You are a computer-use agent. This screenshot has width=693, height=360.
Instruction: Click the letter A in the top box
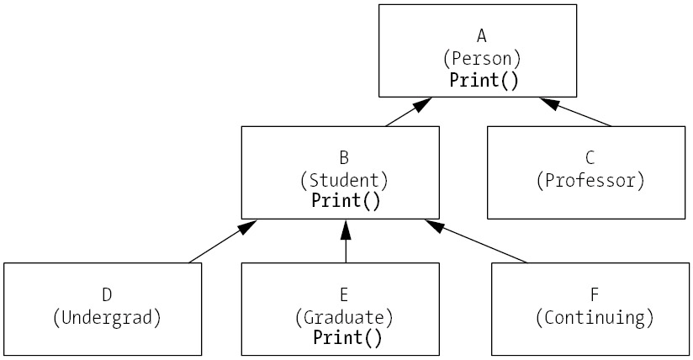(x=482, y=35)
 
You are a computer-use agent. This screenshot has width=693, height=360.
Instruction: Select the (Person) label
(x=482, y=58)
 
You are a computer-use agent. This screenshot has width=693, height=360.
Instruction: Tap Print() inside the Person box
(x=484, y=81)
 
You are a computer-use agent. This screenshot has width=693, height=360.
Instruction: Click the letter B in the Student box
(x=344, y=156)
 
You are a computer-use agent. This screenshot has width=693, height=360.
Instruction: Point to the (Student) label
(x=344, y=179)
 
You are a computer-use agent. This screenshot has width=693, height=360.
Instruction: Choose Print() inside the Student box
(x=346, y=201)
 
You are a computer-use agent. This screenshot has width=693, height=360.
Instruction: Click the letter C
(x=590, y=157)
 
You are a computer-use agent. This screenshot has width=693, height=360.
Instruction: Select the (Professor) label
(x=590, y=180)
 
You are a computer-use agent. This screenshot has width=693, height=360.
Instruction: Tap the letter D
(x=107, y=294)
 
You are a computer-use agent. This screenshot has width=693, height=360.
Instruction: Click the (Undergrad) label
(x=107, y=317)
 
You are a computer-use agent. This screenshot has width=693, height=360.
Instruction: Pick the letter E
(x=344, y=294)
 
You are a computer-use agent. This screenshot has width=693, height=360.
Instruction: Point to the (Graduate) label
(x=344, y=317)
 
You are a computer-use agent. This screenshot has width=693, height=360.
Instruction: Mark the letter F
(x=595, y=294)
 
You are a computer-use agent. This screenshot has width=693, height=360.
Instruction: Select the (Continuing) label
(x=595, y=317)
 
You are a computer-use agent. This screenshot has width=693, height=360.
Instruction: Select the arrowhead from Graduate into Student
(x=345, y=228)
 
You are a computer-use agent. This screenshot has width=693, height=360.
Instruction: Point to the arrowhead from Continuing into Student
(x=434, y=225)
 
